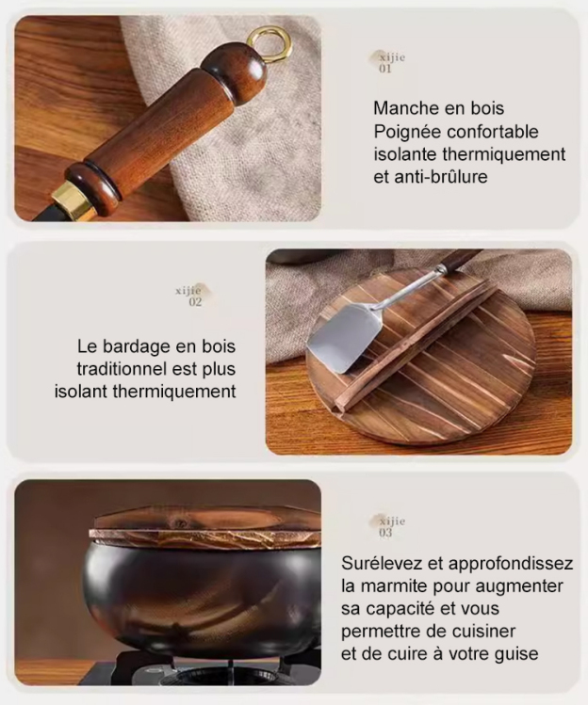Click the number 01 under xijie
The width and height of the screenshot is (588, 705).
(x=385, y=69)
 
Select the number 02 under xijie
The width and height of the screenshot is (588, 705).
(x=195, y=302)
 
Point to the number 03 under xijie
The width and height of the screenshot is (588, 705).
(x=386, y=533)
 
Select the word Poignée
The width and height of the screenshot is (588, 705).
(x=407, y=131)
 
